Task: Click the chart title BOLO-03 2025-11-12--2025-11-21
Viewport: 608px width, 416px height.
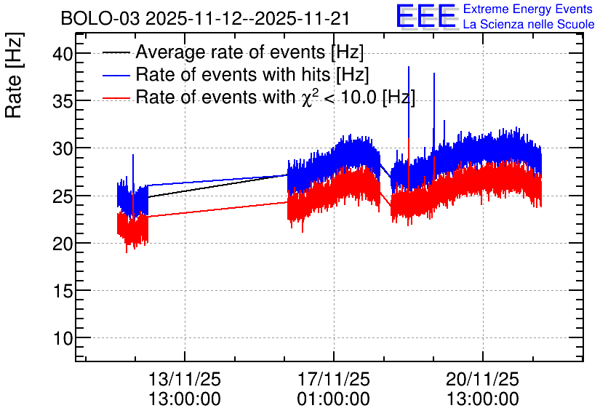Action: (x=205, y=18)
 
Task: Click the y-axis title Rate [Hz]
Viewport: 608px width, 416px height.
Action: (x=14, y=75)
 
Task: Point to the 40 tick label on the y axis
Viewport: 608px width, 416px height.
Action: (x=63, y=53)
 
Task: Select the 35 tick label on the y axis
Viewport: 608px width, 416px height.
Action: (x=63, y=100)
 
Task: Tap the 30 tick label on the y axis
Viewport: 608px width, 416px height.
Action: (x=63, y=148)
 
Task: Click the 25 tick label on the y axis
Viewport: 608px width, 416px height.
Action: (x=63, y=196)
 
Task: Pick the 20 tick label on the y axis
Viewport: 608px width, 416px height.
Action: (x=63, y=243)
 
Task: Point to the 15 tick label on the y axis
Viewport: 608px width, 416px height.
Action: (x=63, y=291)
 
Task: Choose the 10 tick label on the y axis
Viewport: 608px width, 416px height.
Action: (x=63, y=338)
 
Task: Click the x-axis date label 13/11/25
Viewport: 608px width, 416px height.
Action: (x=185, y=379)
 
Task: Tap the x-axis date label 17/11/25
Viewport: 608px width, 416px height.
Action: (x=334, y=379)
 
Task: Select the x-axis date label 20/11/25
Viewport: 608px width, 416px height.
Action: (x=482, y=379)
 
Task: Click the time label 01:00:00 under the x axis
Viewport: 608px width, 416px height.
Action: (x=334, y=399)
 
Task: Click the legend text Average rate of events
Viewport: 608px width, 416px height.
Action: (x=231, y=52)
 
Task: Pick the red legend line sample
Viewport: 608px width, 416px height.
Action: (x=116, y=98)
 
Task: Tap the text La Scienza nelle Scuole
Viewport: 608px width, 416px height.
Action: (x=529, y=25)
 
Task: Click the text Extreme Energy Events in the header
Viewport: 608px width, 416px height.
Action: (x=528, y=9)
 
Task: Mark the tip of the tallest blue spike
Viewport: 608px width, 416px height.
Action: (x=409, y=67)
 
